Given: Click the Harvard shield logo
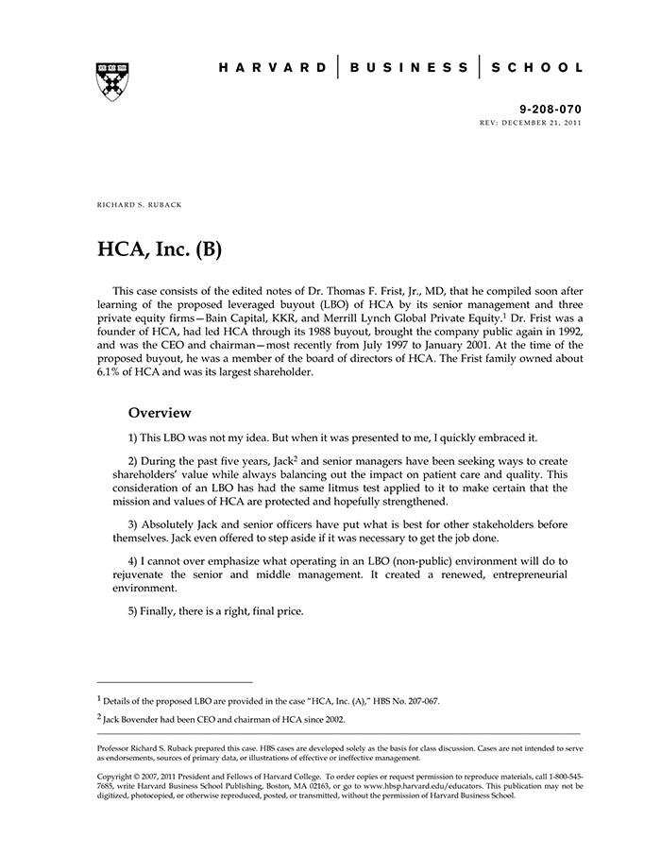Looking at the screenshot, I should tap(112, 82).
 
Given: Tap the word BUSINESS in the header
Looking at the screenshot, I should tap(409, 68).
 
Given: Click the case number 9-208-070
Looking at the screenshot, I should tap(551, 110).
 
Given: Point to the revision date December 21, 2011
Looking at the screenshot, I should tap(544, 123).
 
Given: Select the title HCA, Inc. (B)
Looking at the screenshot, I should tap(160, 250).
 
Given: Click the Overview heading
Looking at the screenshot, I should tap(160, 413).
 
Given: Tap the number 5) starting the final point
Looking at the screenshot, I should tap(134, 611).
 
